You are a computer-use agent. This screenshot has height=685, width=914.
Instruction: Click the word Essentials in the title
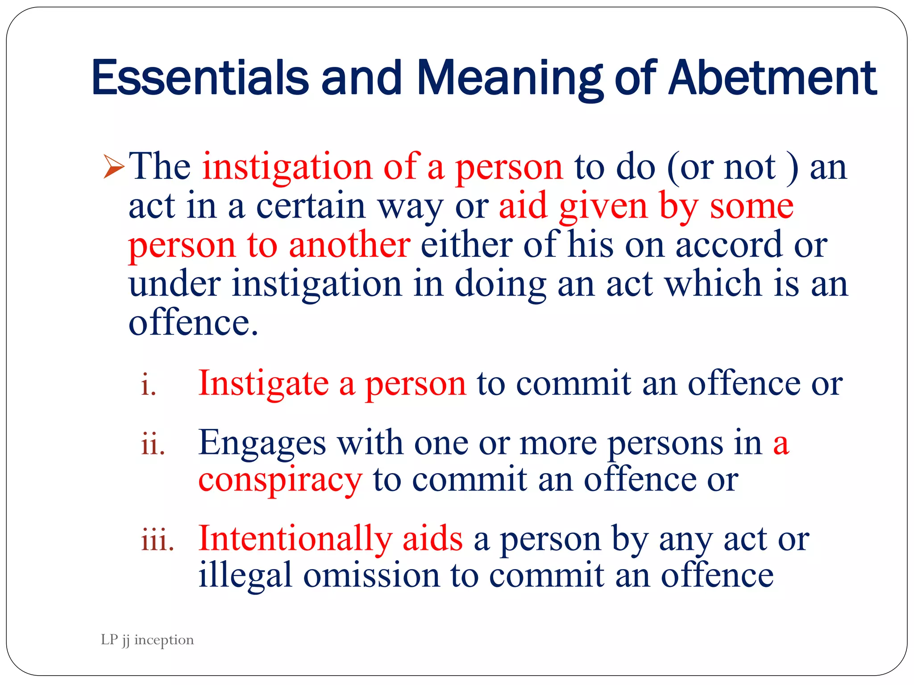pyautogui.click(x=200, y=78)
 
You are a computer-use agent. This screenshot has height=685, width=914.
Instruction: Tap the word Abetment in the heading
pyautogui.click(x=773, y=78)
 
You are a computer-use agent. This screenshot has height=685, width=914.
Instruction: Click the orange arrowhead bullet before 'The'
pyautogui.click(x=113, y=166)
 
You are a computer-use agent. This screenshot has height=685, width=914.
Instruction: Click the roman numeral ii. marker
pyautogui.click(x=153, y=445)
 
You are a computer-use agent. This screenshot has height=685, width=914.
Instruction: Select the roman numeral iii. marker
pyautogui.click(x=158, y=540)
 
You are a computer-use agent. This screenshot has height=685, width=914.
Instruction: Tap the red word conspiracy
pyautogui.click(x=280, y=481)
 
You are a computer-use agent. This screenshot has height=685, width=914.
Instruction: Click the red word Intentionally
pyautogui.click(x=295, y=539)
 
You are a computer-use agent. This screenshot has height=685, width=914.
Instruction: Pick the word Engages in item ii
pyautogui.click(x=262, y=443)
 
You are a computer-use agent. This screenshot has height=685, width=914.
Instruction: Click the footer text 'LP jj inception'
pyautogui.click(x=147, y=640)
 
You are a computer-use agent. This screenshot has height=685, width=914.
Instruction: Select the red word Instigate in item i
pyautogui.click(x=263, y=384)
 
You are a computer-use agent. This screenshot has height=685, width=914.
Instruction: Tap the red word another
pyautogui.click(x=349, y=245)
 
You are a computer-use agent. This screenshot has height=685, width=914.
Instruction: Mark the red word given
pyautogui.click(x=603, y=207)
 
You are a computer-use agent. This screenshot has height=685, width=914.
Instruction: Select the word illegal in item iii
pyautogui.click(x=245, y=575)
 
